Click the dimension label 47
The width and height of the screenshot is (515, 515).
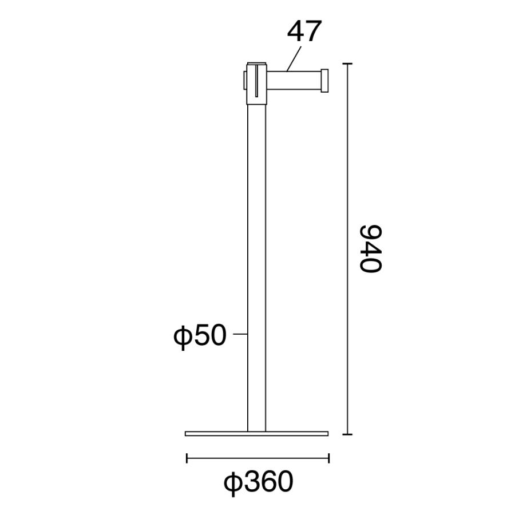pos(303,31)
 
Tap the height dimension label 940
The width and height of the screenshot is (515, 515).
pos(371,249)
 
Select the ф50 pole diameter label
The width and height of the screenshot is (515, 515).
pos(200,336)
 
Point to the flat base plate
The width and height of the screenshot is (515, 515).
pos(256,434)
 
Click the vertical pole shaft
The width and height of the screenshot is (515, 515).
pos(256,268)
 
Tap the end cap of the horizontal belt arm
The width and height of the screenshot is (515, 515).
pos(324,81)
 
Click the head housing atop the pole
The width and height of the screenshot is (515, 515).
pos(256,84)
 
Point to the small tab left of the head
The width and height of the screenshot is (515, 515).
pos(245,81)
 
